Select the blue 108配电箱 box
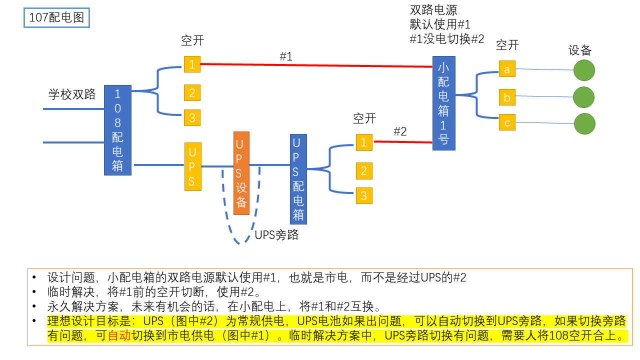click(117, 130)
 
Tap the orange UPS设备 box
click(241, 173)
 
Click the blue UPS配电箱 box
click(298, 178)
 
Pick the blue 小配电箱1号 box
click(443, 103)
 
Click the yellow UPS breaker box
click(192, 166)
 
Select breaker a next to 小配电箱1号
click(506, 69)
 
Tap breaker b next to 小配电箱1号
click(506, 97)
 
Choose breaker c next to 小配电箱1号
click(506, 122)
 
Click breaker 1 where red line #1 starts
click(192, 64)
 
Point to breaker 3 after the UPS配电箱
click(364, 195)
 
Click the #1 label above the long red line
click(285, 56)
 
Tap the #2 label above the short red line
click(400, 131)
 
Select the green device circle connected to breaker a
click(584, 70)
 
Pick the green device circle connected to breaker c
click(584, 123)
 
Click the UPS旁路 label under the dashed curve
click(276, 235)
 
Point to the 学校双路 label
click(72, 94)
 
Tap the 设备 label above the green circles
click(580, 50)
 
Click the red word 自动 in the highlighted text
click(119, 335)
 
